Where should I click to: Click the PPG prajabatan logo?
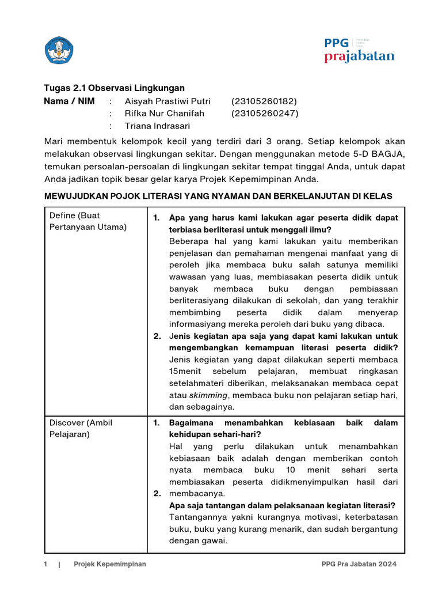[359, 50]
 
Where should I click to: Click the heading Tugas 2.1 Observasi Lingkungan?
[115, 88]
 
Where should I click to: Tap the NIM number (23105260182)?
[264, 101]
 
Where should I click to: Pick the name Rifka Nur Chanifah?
[164, 114]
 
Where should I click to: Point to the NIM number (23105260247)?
[265, 114]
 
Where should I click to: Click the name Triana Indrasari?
[157, 126]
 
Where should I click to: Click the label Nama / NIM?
[70, 101]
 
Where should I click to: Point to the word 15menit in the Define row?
[186, 372]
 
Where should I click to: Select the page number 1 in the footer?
[46, 564]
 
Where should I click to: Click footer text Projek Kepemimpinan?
[109, 564]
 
